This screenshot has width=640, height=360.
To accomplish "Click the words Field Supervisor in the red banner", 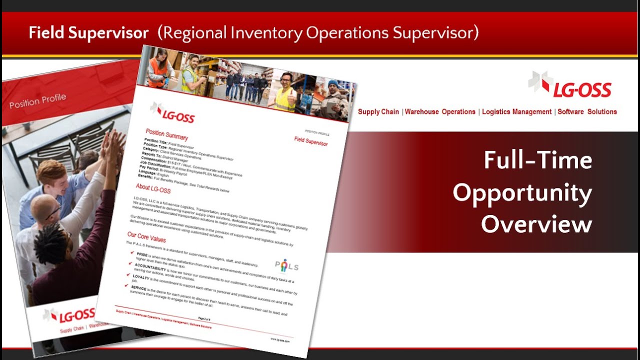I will [88, 33].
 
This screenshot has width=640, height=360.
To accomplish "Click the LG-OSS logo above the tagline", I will [569, 84].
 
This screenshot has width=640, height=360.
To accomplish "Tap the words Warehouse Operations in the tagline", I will [440, 112].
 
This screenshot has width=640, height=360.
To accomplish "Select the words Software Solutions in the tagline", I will [587, 112].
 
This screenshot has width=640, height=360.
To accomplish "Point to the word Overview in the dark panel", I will [536, 224].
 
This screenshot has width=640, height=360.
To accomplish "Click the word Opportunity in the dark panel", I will [522, 193].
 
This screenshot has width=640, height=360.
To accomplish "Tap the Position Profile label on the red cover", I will [37, 101].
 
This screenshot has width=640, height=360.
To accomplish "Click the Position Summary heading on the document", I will [167, 134].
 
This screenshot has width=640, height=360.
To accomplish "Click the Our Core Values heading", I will [146, 234].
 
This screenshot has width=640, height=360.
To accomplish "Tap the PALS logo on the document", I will [286, 265].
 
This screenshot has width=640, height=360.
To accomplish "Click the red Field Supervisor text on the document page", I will [310, 141].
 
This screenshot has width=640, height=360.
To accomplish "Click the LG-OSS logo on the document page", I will [172, 113].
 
